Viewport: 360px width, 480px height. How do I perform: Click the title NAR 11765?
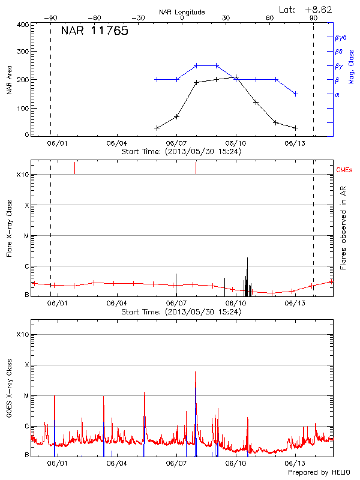click(x=95, y=31)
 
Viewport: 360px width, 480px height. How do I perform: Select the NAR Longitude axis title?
click(x=182, y=12)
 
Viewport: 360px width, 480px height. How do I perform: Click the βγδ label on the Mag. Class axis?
click(x=341, y=37)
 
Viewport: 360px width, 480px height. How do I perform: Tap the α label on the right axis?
click(x=337, y=94)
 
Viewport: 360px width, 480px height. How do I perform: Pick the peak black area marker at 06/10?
click(x=236, y=77)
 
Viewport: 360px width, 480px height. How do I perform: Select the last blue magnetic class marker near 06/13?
click(x=295, y=94)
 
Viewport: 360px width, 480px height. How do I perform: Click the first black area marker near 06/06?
click(x=157, y=128)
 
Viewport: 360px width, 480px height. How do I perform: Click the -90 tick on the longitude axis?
click(x=53, y=18)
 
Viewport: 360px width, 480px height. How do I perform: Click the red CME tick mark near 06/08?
click(x=196, y=168)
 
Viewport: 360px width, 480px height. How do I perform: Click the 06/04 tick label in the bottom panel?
click(x=116, y=464)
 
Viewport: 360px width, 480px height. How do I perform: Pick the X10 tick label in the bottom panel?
click(x=23, y=334)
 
